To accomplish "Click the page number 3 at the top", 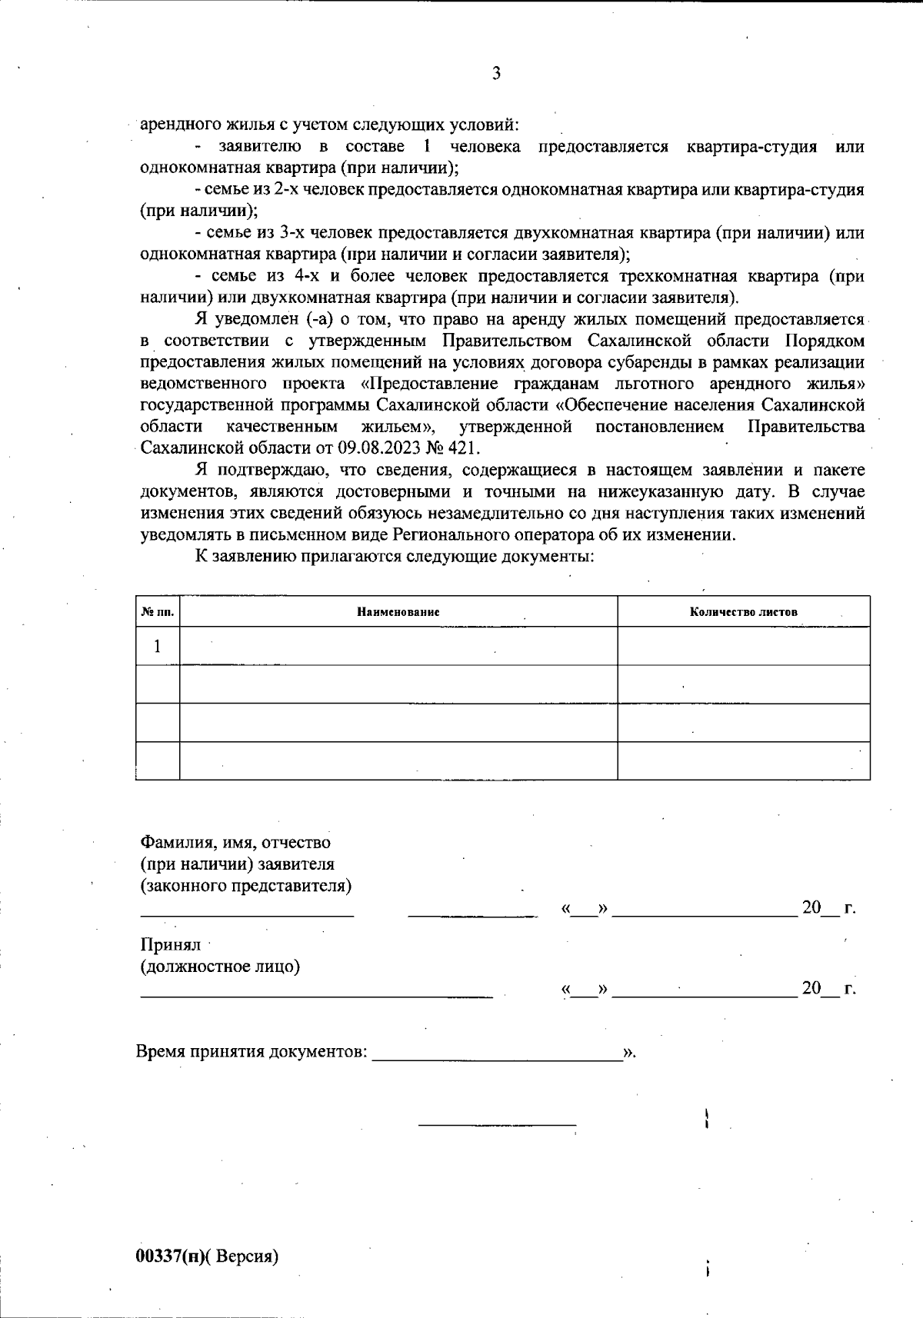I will [496, 74].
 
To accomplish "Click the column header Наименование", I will [398, 612].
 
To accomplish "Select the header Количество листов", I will [743, 612].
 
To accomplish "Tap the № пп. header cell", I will [158, 612].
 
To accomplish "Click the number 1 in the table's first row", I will [158, 646].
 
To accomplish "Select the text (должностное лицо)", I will [220, 967].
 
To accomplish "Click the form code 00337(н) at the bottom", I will [169, 1256].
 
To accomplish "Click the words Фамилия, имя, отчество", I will [235, 842].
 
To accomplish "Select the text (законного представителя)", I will [245, 885].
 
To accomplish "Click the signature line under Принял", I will [315, 997].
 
